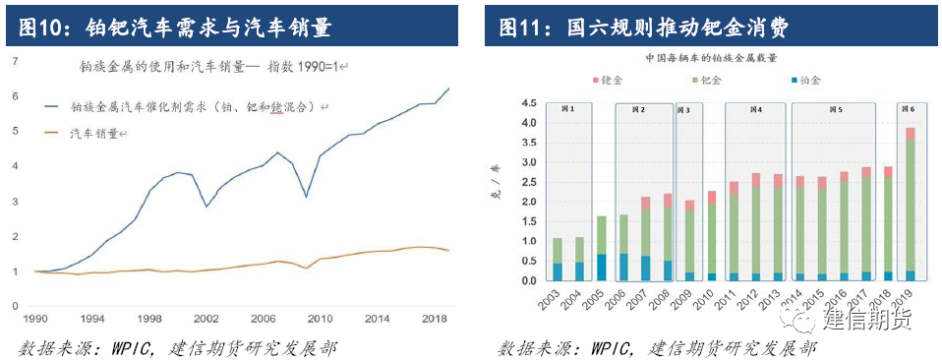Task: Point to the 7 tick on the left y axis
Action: pyautogui.click(x=14, y=61)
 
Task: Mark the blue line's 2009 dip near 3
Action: pyautogui.click(x=307, y=197)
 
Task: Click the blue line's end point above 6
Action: pyautogui.click(x=448, y=89)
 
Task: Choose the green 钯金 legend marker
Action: pyautogui.click(x=693, y=81)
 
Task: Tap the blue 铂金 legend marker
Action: pyautogui.click(x=793, y=81)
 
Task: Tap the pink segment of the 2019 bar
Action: pyautogui.click(x=911, y=134)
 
